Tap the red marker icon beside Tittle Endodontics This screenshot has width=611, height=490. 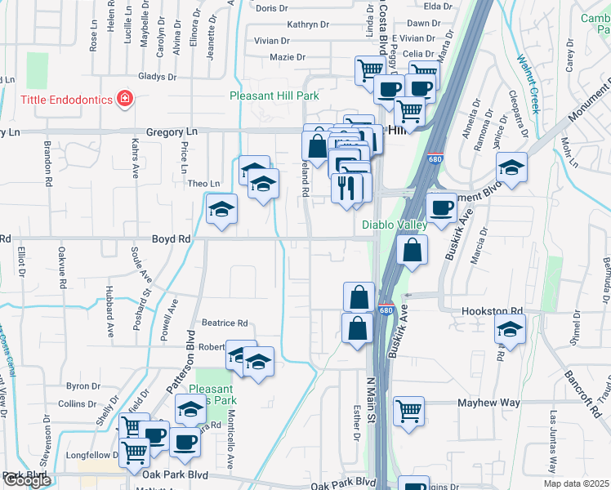click(125, 100)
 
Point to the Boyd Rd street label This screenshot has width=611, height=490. click(171, 239)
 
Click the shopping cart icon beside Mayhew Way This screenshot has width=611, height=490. click(409, 411)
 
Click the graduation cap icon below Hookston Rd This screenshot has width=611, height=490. click(511, 328)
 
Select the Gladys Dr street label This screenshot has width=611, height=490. click(158, 76)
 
